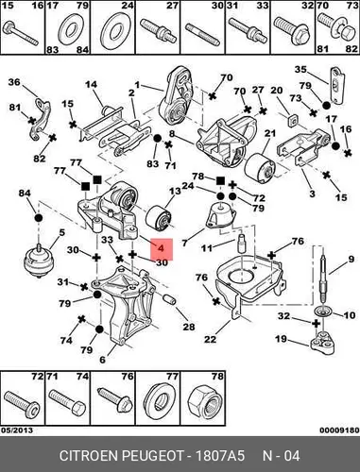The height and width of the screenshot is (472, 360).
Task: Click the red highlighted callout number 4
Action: click(162, 248)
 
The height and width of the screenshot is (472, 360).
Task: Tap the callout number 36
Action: click(14, 82)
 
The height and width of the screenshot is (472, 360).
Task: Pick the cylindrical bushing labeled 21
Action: click(260, 167)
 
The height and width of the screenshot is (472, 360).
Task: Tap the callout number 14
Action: click(91, 85)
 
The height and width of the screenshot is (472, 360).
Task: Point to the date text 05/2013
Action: click(17, 430)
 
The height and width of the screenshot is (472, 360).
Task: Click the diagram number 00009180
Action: click(339, 430)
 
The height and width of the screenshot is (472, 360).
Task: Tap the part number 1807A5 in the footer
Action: click(220, 455)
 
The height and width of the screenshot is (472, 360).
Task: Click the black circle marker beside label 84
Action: click(38, 218)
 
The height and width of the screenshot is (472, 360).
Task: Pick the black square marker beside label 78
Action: click(220, 180)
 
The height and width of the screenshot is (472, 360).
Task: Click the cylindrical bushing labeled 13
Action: click(159, 218)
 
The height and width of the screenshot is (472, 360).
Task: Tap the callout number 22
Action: click(210, 339)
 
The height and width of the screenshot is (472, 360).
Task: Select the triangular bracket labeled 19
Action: click(322, 343)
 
